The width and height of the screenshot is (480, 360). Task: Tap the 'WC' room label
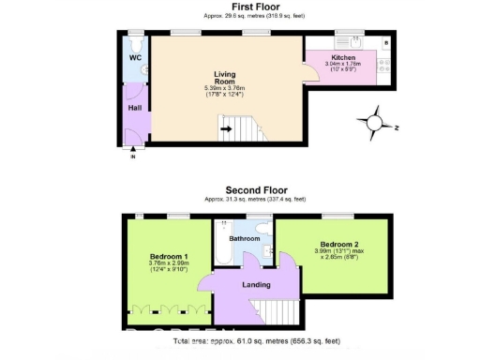[x=134, y=57]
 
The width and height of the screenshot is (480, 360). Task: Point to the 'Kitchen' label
[x=343, y=56]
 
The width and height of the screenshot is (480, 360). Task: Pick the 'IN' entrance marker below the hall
[x=132, y=156]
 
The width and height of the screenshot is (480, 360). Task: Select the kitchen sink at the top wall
[x=356, y=40]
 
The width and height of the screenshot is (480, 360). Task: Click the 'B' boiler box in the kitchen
[x=386, y=42]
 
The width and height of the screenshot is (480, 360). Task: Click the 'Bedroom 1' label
[x=169, y=256]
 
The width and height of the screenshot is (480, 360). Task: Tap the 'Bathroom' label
[x=245, y=238]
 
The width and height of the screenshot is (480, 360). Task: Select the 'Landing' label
[x=255, y=284]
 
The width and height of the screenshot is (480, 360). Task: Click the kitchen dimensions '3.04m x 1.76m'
[x=343, y=64]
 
